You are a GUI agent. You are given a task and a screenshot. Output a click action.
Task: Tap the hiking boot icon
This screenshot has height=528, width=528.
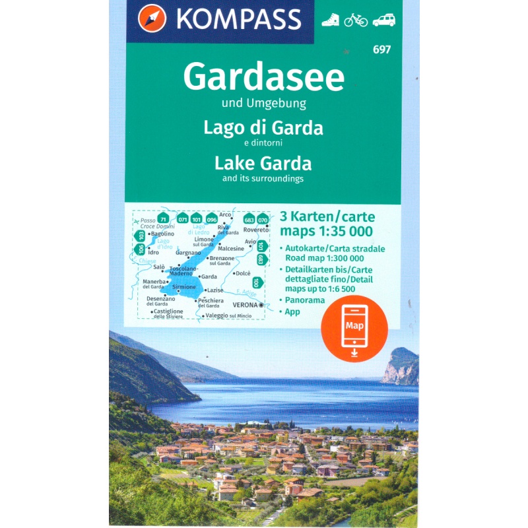point(330,20)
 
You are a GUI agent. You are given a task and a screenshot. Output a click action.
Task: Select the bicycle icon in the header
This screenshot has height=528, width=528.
point(356,20)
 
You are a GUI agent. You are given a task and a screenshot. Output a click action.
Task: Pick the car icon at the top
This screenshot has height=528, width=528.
point(383,20)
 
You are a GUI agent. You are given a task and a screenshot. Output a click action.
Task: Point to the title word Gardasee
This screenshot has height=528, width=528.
point(263,78)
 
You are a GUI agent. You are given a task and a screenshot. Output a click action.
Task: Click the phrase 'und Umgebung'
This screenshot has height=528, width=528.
point(263,103)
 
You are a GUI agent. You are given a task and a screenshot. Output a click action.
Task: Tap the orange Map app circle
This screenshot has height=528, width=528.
point(354,328)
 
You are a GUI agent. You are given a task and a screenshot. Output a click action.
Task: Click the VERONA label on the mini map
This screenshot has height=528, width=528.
point(246,305)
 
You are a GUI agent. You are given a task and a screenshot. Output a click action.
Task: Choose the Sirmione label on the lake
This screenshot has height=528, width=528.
point(183,287)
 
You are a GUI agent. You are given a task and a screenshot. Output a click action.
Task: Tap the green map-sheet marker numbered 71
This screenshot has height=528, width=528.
point(163,218)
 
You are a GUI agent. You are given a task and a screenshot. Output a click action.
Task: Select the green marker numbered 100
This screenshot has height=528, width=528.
point(256,282)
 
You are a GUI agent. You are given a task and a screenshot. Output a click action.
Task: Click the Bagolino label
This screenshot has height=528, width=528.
point(162,234)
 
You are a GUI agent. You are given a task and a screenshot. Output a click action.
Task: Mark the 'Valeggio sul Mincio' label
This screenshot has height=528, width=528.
point(229,316)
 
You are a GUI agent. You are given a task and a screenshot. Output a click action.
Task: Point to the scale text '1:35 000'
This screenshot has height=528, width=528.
point(346,231)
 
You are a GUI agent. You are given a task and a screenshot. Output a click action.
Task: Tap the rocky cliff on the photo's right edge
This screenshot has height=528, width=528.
point(402,366)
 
